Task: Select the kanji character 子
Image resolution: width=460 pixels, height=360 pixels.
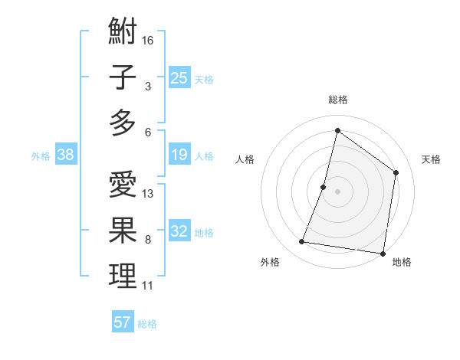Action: [123, 77]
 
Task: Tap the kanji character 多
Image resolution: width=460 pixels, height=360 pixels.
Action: [123, 123]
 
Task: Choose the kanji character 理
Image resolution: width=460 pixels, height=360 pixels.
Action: [123, 276]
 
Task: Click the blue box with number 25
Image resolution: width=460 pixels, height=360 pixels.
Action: [179, 77]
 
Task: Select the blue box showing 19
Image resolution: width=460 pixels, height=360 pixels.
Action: [179, 155]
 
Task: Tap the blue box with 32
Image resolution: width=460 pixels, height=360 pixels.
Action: [179, 231]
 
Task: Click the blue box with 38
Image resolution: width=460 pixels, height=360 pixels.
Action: [65, 155]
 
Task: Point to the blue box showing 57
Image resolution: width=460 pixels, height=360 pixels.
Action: [122, 322]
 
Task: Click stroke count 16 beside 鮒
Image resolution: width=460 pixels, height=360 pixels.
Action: [148, 39]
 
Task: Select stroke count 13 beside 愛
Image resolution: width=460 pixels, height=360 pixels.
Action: [148, 194]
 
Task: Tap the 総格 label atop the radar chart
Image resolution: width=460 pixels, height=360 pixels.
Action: [337, 100]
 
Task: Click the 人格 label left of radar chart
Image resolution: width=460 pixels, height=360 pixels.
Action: [245, 159]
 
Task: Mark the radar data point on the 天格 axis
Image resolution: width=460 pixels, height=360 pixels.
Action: [396, 172]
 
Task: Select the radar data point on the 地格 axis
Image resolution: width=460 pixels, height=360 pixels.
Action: [382, 253]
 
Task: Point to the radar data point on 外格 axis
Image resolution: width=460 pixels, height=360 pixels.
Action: [302, 242]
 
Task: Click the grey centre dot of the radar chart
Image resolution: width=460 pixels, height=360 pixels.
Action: [337, 191]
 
